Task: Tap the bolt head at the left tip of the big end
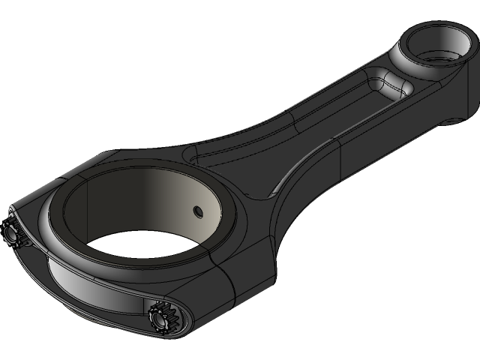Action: pos(11,232)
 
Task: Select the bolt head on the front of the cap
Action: pos(161,318)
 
